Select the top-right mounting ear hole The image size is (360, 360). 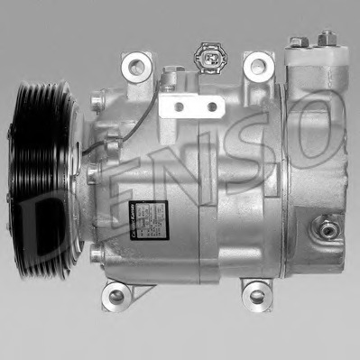tap(259, 65)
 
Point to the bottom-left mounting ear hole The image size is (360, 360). tap(115, 293)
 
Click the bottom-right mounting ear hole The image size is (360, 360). tap(257, 293)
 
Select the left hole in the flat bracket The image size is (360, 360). tap(179, 106)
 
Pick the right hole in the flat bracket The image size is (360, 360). tap(211, 106)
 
